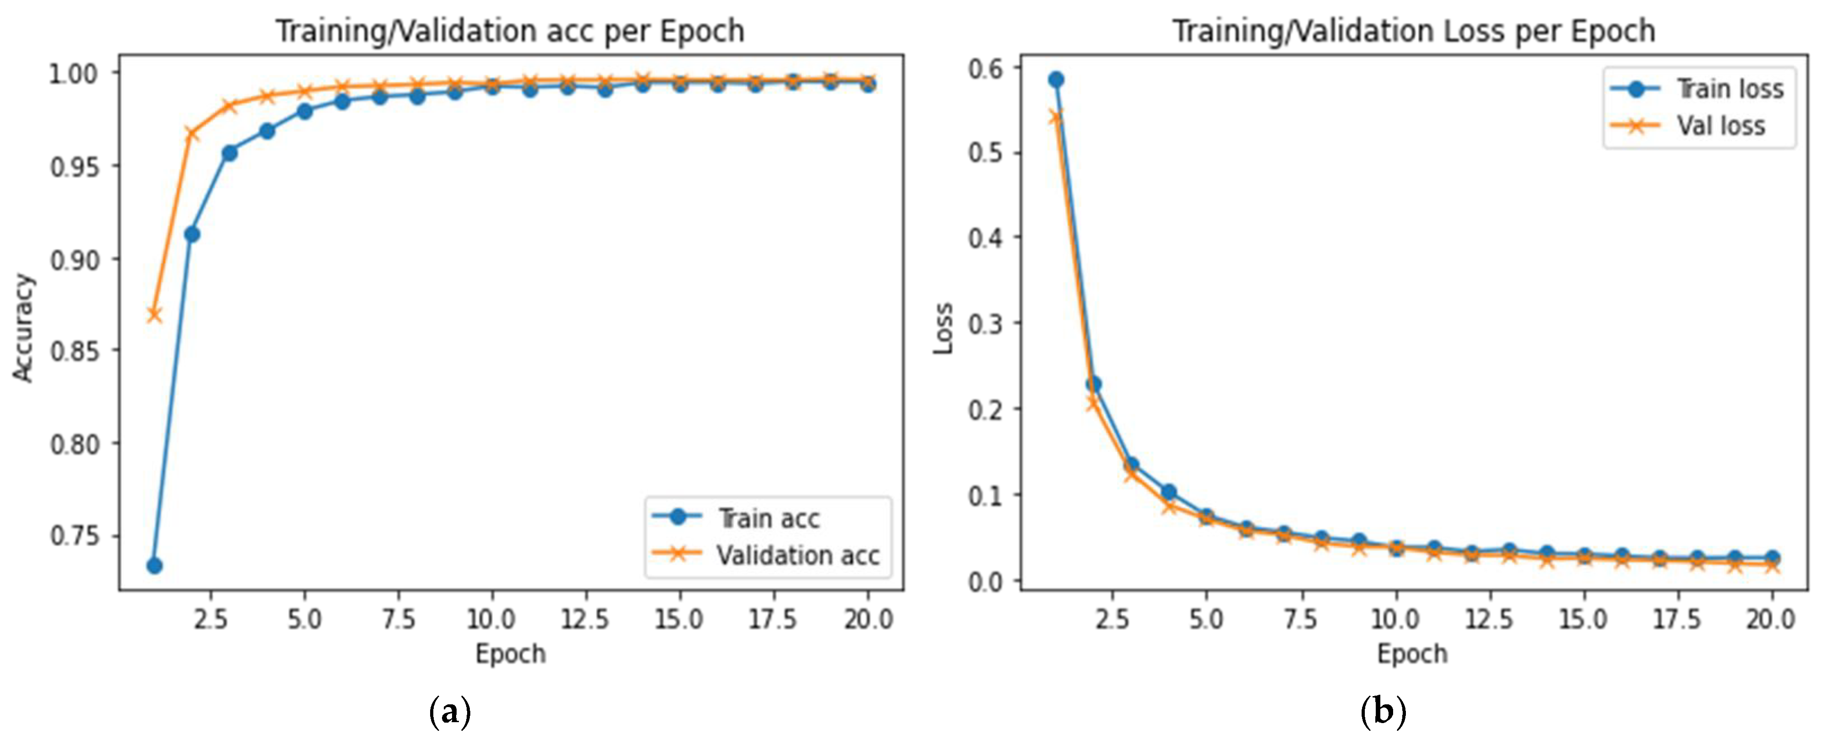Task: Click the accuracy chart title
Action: [510, 31]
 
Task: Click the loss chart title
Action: [1413, 31]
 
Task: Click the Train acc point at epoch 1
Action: [154, 566]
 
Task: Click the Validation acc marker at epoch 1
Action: [154, 314]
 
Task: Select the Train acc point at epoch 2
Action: [192, 234]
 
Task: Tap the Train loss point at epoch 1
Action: [1056, 79]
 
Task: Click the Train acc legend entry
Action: [768, 518]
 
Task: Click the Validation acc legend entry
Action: [796, 555]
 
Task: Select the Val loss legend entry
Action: [1720, 126]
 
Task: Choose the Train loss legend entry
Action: [1729, 89]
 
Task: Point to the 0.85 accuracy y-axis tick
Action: [74, 351]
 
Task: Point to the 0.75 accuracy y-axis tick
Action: [74, 536]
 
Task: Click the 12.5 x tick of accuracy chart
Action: [584, 620]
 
